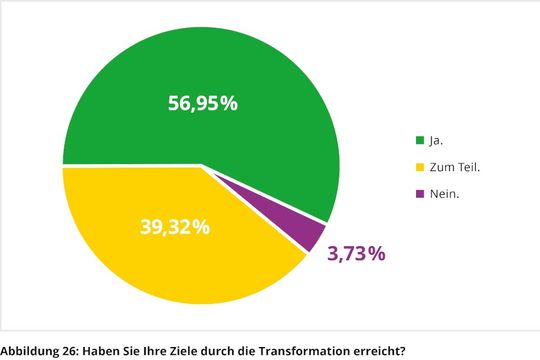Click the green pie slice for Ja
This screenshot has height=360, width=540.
pyautogui.click(x=200, y=70)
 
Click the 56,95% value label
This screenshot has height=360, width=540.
pyautogui.click(x=202, y=103)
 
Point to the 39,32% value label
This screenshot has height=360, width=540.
pyautogui.click(x=174, y=227)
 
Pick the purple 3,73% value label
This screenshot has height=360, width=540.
pyautogui.click(x=356, y=254)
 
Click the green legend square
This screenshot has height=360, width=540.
pyautogui.click(x=419, y=140)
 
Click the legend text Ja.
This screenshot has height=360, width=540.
pyautogui.click(x=436, y=140)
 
